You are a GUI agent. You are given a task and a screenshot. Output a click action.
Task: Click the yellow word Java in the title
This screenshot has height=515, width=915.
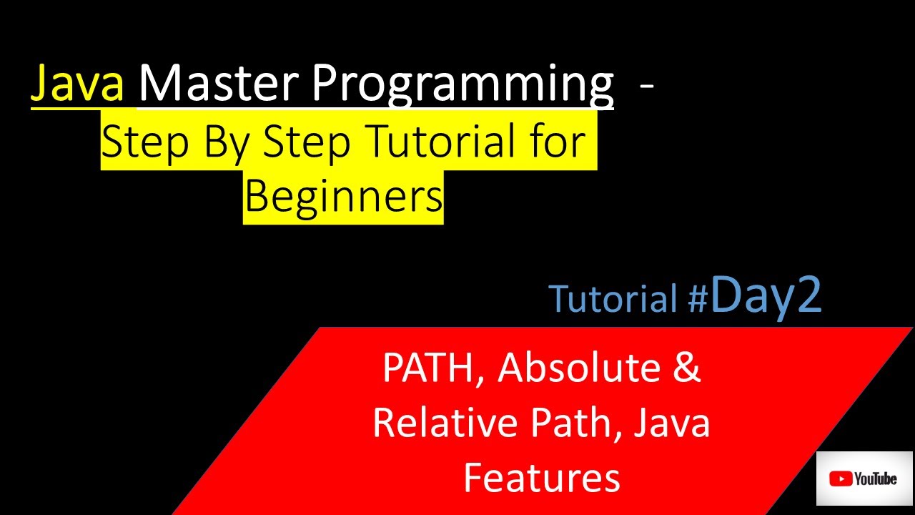pyautogui.click(x=77, y=84)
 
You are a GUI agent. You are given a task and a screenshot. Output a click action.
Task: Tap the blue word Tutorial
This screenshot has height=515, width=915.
pyautogui.click(x=613, y=299)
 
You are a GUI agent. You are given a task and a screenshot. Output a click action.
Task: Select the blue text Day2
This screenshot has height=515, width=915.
pyautogui.click(x=766, y=296)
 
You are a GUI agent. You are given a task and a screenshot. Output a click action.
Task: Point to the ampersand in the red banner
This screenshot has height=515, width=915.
pyautogui.click(x=687, y=368)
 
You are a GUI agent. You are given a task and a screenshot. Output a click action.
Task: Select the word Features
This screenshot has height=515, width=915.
pyautogui.click(x=541, y=477)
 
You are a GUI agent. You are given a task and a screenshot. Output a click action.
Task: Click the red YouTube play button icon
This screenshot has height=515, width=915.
pyautogui.click(x=839, y=479)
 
